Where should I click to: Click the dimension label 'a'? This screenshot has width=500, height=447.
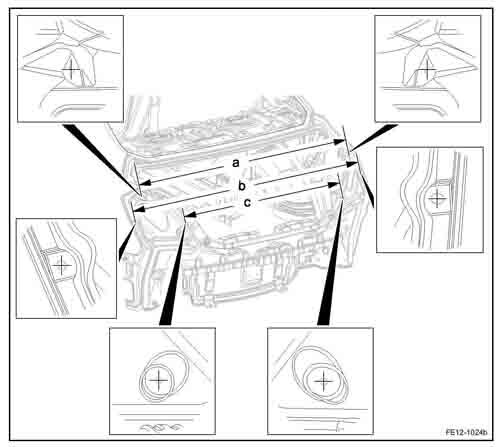[236, 163]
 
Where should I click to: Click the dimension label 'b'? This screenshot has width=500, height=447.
[242, 186]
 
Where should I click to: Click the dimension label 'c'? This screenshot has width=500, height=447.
[247, 203]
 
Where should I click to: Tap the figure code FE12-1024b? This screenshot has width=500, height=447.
[466, 432]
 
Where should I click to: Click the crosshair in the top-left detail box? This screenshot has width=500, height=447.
[71, 69]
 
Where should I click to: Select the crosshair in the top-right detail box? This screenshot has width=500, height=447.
[427, 69]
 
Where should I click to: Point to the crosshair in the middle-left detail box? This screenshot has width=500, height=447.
[62, 266]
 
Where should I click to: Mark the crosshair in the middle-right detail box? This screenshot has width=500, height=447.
[437, 199]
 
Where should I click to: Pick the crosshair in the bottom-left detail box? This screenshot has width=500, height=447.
[158, 380]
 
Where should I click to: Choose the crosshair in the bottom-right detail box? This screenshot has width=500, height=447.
[323, 381]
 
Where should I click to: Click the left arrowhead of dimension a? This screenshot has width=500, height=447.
[145, 183]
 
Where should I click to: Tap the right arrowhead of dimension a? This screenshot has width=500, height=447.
[339, 142]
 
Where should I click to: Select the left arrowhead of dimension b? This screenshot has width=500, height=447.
[139, 209]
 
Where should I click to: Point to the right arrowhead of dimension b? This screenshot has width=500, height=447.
[352, 164]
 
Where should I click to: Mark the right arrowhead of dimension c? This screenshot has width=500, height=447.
[333, 184]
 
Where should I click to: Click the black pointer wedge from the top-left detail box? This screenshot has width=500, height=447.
[100, 158]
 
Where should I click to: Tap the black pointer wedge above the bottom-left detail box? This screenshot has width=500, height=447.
[173, 273]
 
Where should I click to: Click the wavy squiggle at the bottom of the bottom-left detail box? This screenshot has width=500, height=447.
[161, 426]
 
